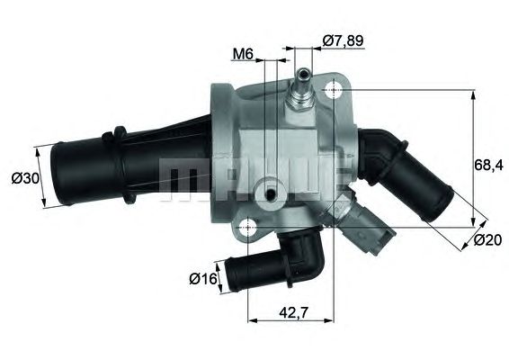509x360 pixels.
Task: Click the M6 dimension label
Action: click(242, 54)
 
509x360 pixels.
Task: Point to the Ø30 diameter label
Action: click(25, 178)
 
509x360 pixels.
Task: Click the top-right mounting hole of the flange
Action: click(335, 90)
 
